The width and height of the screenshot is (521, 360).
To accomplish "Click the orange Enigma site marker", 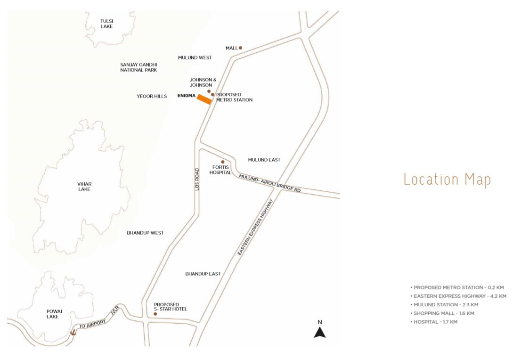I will [204, 99].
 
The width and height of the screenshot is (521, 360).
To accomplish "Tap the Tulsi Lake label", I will [107, 24].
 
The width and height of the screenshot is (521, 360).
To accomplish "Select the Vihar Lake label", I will [85, 186].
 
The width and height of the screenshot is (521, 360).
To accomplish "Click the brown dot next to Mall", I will [240, 48].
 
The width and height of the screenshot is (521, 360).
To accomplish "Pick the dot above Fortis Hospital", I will [223, 162].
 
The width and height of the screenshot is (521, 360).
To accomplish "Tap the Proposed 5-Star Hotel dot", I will [155, 313].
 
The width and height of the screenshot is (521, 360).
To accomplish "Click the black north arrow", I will [320, 332].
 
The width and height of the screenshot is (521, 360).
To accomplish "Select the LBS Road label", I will [198, 180].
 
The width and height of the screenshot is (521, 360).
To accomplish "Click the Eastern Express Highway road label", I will [256, 227].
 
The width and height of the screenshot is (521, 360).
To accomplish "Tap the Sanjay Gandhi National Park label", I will [138, 67].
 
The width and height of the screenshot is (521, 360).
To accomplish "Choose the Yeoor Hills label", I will [152, 96].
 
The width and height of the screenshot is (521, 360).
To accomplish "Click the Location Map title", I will [447, 180].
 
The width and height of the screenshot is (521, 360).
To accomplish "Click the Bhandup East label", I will [203, 273].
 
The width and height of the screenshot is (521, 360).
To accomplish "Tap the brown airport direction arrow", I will [73, 332].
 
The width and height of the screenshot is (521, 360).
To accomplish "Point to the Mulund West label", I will [195, 57].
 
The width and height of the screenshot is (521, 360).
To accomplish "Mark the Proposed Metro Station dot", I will [213, 95].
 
